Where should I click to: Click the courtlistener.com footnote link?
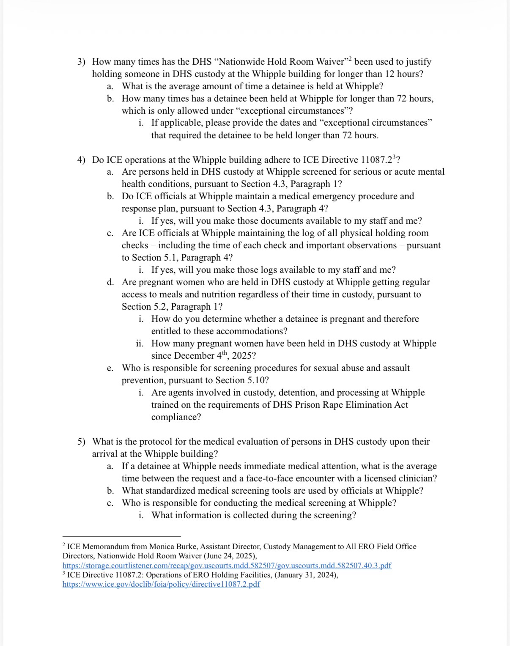pos(227,566)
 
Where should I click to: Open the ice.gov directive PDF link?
pos(161,585)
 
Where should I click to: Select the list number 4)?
pos(81,160)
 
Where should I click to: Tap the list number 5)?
pos(81,442)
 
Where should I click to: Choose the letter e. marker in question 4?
pos(110,368)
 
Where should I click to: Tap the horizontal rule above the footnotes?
pos(121,536)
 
